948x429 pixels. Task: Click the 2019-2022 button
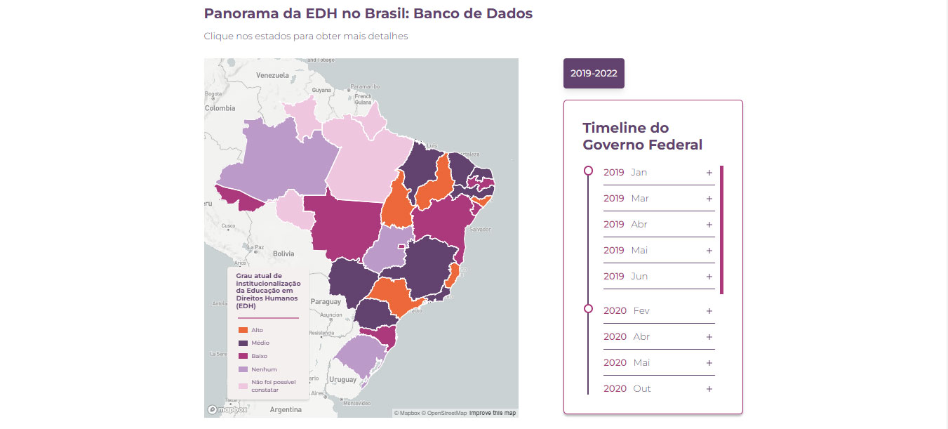coord(594,73)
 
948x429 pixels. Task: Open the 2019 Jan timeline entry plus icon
coord(709,173)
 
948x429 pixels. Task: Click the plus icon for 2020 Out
coord(709,389)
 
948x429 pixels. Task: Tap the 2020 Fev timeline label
coord(626,311)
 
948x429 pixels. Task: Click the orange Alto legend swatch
coord(243,330)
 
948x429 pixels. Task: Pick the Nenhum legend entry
coord(264,369)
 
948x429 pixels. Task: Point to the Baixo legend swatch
coord(243,356)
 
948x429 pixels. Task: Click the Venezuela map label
coord(272,74)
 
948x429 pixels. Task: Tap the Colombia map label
coord(220,108)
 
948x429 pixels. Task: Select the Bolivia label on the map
coord(283,253)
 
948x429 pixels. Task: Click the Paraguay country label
coord(325,302)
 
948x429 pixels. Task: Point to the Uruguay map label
coord(343,379)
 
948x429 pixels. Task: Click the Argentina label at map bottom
coord(286,409)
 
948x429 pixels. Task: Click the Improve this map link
coord(492,413)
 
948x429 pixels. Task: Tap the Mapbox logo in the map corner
coord(227,409)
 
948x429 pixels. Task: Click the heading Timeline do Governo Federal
coord(642,136)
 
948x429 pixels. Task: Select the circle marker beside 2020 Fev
coord(588,308)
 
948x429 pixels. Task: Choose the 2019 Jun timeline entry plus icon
coord(709,277)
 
